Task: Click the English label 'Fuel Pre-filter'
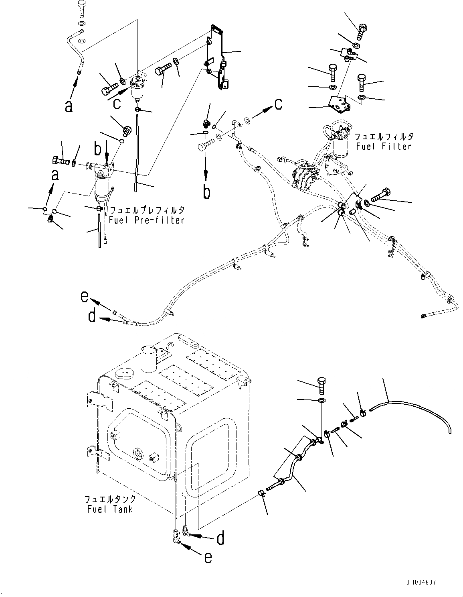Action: pyautogui.click(x=147, y=220)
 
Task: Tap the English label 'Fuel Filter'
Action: pyautogui.click(x=384, y=147)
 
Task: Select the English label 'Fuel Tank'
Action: pyautogui.click(x=109, y=509)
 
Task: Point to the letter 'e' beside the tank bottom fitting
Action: pyautogui.click(x=207, y=557)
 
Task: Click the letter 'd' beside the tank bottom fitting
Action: pyautogui.click(x=220, y=538)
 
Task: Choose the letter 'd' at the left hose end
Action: pyautogui.click(x=92, y=317)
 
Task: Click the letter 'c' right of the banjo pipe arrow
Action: pyautogui.click(x=278, y=104)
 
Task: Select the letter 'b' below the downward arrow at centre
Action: pyautogui.click(x=206, y=192)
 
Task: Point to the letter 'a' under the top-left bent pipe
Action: pyautogui.click(x=69, y=106)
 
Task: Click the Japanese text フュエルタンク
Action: pyautogui.click(x=110, y=499)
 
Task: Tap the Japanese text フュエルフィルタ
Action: pyautogui.click(x=384, y=137)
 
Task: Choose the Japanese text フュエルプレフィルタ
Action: pyautogui.click(x=147, y=210)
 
